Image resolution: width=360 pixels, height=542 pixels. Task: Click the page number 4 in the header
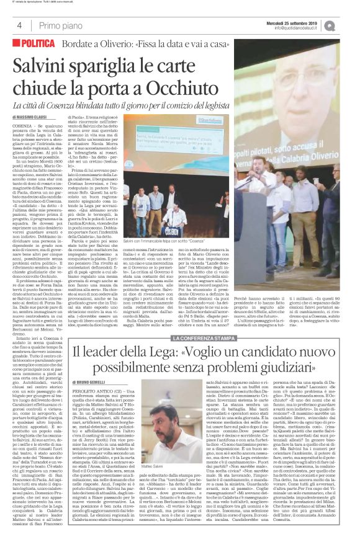pos(19,25)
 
